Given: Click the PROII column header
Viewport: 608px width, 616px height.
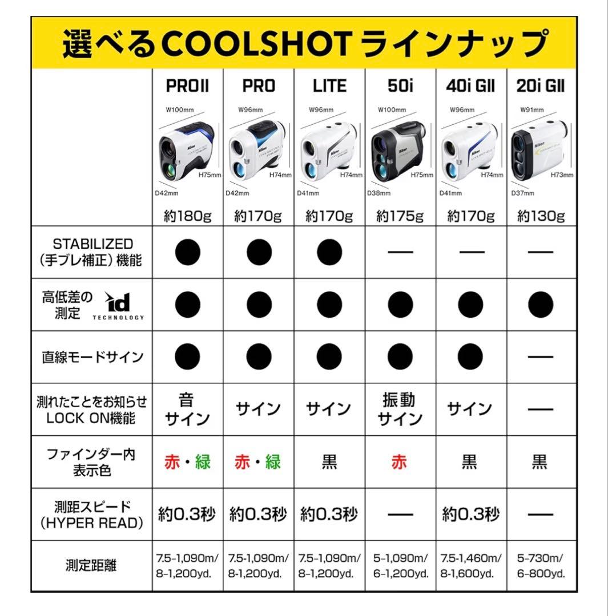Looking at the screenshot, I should click(187, 86).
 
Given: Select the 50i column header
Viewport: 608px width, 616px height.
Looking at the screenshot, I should click(400, 86).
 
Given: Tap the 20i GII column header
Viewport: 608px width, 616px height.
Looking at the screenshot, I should click(539, 86).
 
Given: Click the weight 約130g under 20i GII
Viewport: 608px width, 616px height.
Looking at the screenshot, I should click(541, 216).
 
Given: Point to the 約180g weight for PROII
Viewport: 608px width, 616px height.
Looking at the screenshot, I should click(187, 216).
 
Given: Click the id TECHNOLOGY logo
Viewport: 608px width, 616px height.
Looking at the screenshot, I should click(123, 305).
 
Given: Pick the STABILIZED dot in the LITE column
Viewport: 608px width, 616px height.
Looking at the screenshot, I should click(329, 252).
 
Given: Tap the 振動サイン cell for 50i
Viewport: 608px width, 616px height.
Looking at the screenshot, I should click(400, 409).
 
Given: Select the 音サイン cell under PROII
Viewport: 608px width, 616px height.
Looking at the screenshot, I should click(187, 409).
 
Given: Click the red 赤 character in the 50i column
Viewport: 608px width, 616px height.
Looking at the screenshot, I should click(400, 462).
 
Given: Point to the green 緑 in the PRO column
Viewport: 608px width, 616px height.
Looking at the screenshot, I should click(273, 462).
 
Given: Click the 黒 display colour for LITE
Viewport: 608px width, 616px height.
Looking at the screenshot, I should click(329, 462).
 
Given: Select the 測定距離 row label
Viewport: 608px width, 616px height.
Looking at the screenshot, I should click(91, 566).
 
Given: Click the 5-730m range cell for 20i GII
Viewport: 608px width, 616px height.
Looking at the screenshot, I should click(541, 566).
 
